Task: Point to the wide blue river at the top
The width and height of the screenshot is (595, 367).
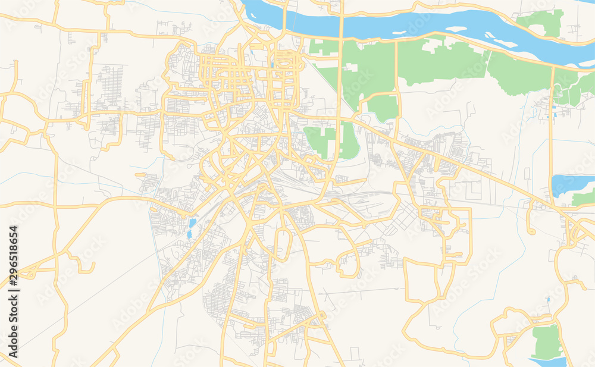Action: (x=416, y=24)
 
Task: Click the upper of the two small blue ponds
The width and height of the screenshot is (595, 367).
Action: (x=192, y=223)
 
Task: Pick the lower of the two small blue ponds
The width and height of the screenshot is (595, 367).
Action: (x=189, y=234)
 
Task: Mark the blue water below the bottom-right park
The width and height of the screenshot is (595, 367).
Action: (x=547, y=361)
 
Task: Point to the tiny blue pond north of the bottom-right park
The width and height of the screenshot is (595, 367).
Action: (x=547, y=299)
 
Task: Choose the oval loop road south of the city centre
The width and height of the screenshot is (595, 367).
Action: (x=284, y=244)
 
